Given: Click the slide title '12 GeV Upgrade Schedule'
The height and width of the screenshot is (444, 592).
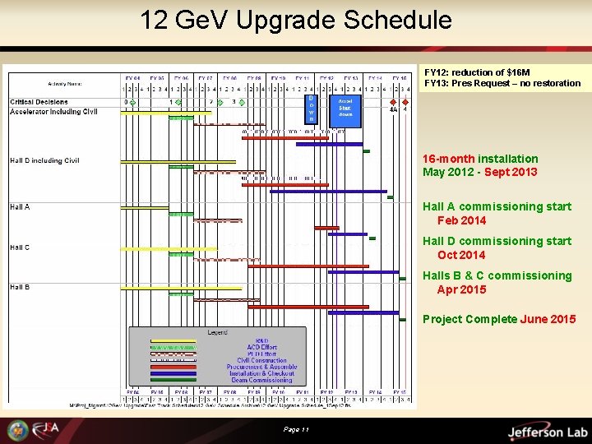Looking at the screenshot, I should tap(295, 20).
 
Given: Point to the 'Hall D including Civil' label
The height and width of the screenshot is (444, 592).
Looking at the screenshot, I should tap(45, 160).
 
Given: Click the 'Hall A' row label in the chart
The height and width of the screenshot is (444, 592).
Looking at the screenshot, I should tap(20, 207).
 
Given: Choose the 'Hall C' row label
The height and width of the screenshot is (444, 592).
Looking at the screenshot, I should tap(20, 247).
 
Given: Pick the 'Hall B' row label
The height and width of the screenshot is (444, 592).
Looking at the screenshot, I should tap(20, 287).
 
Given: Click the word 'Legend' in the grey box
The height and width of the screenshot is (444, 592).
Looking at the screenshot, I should tap(219, 332).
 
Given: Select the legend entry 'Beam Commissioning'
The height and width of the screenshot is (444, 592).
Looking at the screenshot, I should tap(261, 380).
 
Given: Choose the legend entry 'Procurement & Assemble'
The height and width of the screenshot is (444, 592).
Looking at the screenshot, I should tap(261, 367).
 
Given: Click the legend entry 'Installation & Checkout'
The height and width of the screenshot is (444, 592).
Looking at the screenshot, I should tap(261, 373).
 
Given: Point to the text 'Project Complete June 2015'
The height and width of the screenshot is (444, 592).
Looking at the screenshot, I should tap(498, 319).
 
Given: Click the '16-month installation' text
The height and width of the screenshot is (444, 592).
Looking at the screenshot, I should tap(480, 159).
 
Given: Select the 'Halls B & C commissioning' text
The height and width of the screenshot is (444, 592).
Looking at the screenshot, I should tap(497, 275).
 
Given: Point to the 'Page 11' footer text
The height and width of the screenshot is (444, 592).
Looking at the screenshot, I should tap(295, 430).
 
